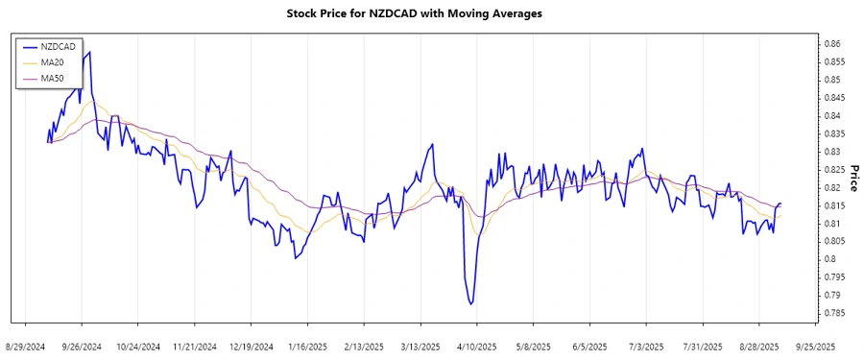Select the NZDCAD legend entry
pyautogui.click(x=54, y=45)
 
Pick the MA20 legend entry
pyautogui.click(x=50, y=60)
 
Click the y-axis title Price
pyautogui.click(x=852, y=178)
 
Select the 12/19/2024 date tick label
pyautogui.click(x=251, y=345)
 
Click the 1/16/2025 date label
pyautogui.click(x=307, y=345)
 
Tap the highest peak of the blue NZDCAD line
pyautogui.click(x=90, y=52)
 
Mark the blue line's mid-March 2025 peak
pyautogui.click(x=433, y=144)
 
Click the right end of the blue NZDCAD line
pyautogui.click(x=780, y=204)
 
